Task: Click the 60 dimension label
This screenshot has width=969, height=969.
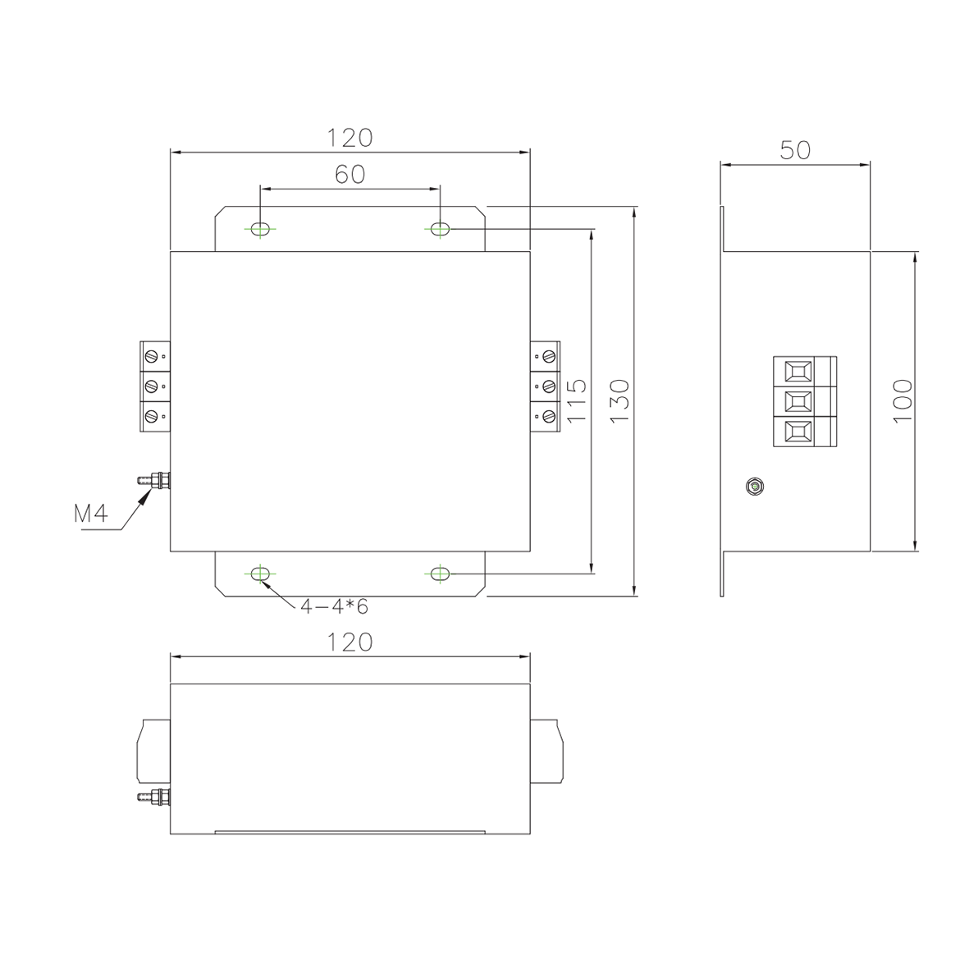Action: coord(350,174)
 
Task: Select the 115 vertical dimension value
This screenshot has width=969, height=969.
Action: coord(575,400)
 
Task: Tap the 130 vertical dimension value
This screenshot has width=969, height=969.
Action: coord(619,400)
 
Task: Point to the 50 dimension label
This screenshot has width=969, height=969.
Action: coord(795,150)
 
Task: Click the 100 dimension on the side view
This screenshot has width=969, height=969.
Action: coord(903,400)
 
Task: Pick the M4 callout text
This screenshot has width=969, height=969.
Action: coord(91,513)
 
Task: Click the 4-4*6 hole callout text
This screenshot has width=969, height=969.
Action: coord(334,607)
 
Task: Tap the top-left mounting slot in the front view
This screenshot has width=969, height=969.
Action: coord(260,229)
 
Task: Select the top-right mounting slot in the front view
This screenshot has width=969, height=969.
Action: coord(440,229)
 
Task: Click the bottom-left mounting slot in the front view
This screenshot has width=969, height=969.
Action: coord(260,574)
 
